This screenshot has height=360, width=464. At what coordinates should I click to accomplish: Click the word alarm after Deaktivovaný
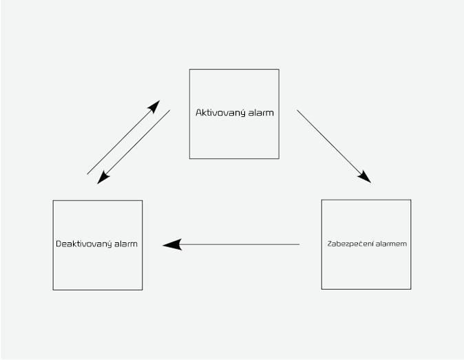[126, 244]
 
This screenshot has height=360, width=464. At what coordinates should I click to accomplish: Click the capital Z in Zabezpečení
[330, 244]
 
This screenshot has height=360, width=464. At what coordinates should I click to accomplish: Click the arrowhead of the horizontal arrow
[172, 244]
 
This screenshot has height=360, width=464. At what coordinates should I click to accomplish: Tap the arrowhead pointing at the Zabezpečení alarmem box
[365, 177]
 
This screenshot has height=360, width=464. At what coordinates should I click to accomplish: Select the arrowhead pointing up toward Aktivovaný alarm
[154, 107]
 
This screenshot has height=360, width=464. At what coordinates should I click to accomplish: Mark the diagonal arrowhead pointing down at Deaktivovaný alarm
[103, 178]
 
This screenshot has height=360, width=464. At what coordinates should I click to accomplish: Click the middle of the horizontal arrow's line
[239, 244]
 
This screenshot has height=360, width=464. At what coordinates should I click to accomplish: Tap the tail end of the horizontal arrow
[299, 244]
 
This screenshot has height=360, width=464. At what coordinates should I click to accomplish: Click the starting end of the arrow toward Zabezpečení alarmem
[297, 110]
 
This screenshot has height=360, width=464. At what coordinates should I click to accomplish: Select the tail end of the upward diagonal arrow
[87, 174]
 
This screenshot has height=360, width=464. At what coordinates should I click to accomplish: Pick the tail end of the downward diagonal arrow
[170, 110]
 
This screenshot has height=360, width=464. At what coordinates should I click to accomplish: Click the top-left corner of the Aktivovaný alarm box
[190, 70]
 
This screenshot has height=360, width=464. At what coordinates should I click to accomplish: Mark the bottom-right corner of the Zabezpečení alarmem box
[411, 289]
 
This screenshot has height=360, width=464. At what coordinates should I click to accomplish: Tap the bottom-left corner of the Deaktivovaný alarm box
[53, 290]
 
